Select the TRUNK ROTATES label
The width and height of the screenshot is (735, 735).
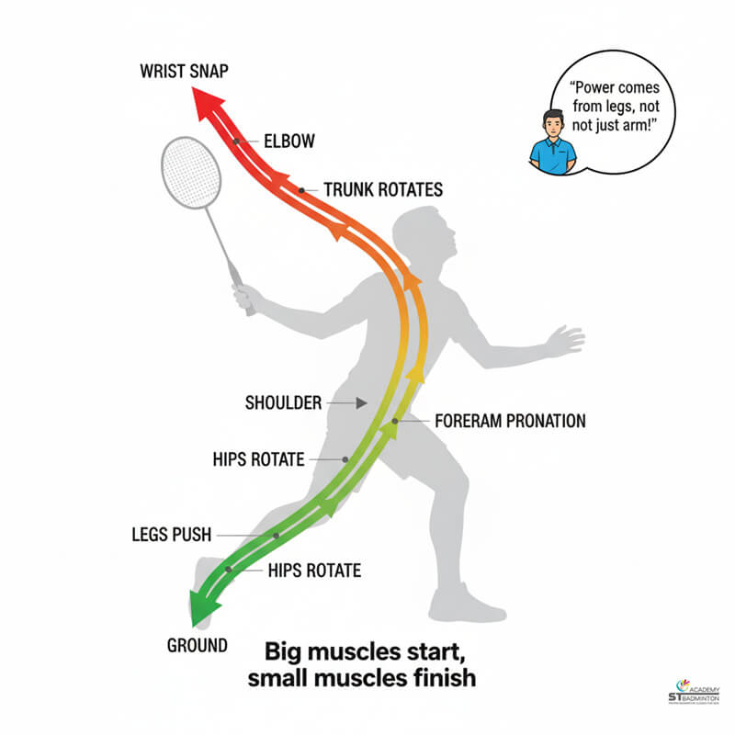click(x=382, y=190)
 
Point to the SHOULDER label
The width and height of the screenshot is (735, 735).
click(x=283, y=402)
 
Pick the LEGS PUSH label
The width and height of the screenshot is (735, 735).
click(x=172, y=534)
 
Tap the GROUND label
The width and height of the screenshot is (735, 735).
click(x=197, y=645)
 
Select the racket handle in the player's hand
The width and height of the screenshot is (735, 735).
click(x=241, y=286)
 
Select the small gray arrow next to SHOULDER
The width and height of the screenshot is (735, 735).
click(x=356, y=402)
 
